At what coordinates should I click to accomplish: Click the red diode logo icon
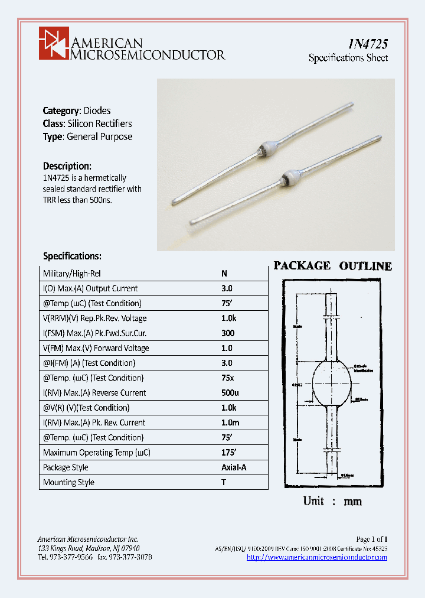pos(54,43)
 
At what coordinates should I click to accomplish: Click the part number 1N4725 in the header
pos(367,44)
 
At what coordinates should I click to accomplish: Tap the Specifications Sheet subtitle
pos(348,58)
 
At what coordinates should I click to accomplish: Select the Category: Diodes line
pos(77,110)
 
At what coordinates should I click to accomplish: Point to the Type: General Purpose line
pos(87,136)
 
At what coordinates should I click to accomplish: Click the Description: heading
pos(67,166)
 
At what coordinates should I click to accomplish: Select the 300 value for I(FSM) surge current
pos(227,333)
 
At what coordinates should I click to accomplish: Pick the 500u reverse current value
pos(230,393)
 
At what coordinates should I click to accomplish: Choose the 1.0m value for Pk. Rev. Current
pos(230,422)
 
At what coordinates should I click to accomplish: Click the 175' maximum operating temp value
pos(228,453)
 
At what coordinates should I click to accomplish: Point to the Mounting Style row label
pos(68,482)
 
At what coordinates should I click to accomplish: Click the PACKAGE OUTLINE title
pos(332,266)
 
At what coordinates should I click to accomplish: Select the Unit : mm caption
pos(332,501)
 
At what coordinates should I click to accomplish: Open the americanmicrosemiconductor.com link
pos(316,557)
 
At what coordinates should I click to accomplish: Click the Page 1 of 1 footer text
pos(371,539)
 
